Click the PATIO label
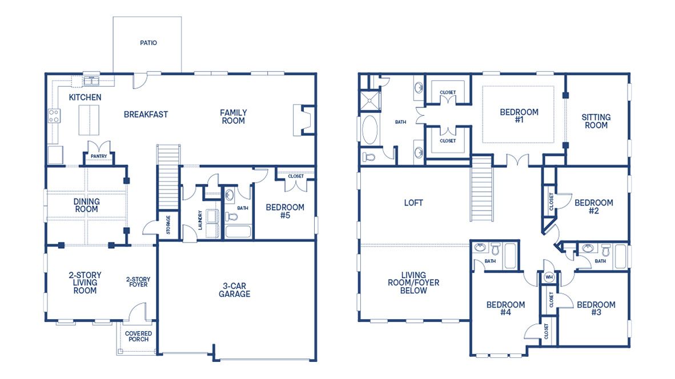click(148, 43)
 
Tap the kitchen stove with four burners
click(54, 116)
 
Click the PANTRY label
click(99, 155)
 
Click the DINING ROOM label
click(86, 205)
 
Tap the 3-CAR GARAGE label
click(234, 290)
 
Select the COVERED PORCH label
click(138, 336)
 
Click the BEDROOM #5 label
click(285, 211)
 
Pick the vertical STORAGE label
click(168, 224)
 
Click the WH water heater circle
click(549, 277)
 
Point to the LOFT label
click(413, 203)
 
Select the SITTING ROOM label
click(596, 121)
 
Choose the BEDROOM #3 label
click(596, 309)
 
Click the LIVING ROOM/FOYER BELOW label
click(413, 283)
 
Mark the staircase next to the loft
click(481, 188)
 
